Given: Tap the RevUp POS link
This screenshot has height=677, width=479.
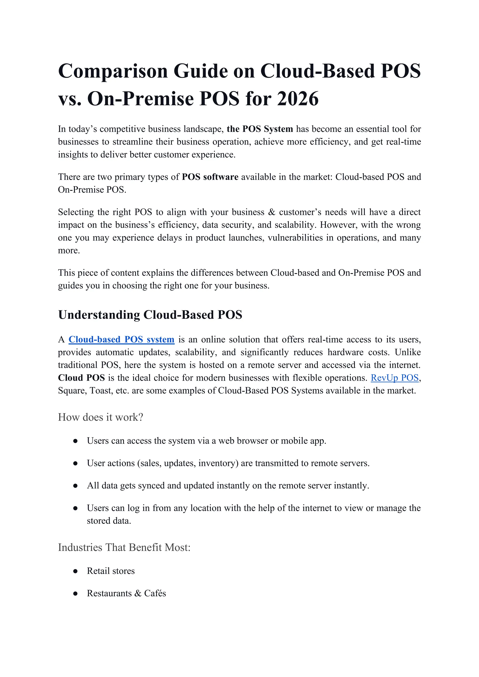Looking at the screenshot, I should [x=394, y=378].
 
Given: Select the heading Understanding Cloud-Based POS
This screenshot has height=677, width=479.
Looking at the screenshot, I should [x=150, y=315].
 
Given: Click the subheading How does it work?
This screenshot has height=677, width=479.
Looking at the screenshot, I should [x=100, y=417].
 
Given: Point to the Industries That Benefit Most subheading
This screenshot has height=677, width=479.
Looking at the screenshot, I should [x=124, y=547].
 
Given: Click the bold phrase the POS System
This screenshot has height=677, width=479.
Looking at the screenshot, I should [x=260, y=129].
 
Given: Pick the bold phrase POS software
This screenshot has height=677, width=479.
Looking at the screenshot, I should [x=210, y=177].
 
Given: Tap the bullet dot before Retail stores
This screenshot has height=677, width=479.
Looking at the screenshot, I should [x=76, y=571].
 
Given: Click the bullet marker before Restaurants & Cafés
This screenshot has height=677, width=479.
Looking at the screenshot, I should [x=76, y=594].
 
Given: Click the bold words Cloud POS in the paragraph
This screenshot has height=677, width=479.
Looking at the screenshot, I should [x=81, y=378].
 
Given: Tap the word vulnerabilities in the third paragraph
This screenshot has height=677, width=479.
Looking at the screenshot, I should [x=295, y=238].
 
